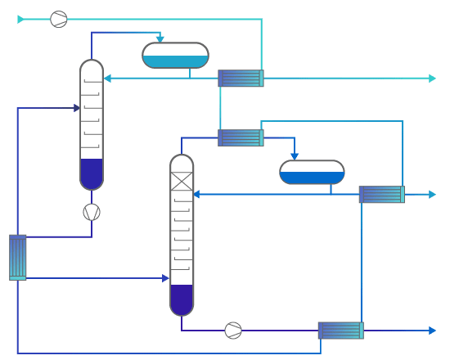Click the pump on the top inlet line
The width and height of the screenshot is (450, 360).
click(x=59, y=19)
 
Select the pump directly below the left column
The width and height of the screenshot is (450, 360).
click(x=92, y=212)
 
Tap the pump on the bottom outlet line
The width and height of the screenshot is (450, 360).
click(x=233, y=331)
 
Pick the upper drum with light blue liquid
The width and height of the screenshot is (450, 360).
click(x=175, y=56)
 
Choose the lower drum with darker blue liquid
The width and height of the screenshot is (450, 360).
click(x=312, y=172)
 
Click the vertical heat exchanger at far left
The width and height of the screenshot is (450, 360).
click(x=17, y=257)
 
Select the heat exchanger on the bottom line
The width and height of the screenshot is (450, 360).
click(x=340, y=331)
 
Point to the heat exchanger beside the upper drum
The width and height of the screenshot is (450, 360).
click(x=241, y=79)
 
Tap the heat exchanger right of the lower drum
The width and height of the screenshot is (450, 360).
click(x=381, y=194)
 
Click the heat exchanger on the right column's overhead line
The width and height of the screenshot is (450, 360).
click(x=241, y=137)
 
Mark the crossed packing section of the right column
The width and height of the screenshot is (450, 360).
click(x=182, y=181)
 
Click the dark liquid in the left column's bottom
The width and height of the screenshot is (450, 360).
click(x=92, y=173)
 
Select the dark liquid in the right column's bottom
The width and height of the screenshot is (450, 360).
click(x=182, y=299)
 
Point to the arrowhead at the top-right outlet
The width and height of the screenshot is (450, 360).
click(x=432, y=79)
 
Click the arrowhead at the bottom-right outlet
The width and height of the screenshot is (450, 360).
click(x=432, y=331)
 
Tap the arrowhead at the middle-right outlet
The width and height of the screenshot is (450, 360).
click(x=432, y=194)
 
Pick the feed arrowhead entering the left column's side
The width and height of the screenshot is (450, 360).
click(x=76, y=108)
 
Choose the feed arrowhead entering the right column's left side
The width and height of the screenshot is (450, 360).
click(x=165, y=278)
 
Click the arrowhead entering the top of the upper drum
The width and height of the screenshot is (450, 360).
click(x=160, y=38)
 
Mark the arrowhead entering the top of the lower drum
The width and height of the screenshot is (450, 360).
click(x=295, y=155)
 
